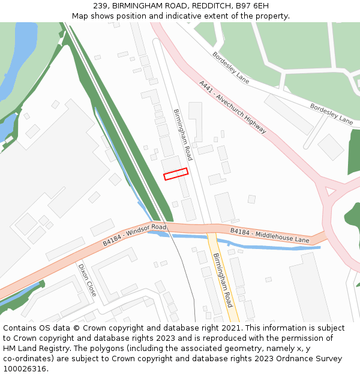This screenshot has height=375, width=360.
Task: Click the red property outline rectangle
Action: coord(176,174)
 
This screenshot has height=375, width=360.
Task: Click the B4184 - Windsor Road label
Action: coord(134,234)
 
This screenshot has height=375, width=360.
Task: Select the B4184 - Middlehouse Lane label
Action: coord(269,235)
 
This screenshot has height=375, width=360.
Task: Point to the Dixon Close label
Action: coord(87,280)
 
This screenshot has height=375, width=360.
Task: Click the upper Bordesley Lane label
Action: coord(230,67)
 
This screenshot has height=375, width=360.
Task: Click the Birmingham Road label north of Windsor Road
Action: coord(182,134)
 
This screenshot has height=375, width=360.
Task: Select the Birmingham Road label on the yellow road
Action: coord(222,280)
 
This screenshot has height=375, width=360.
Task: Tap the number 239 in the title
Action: coord(100,6)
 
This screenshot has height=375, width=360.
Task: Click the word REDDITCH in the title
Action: coord(200,6)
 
